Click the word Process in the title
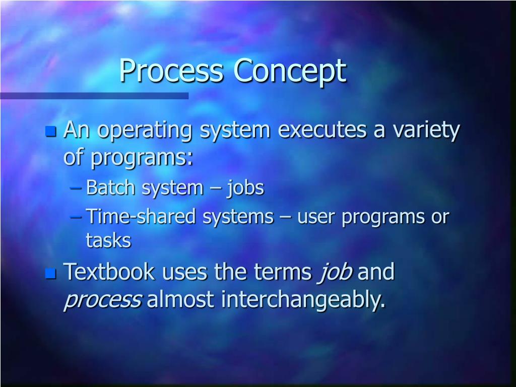point(171,70)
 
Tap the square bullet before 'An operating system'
point(51,131)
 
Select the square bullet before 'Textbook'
point(51,273)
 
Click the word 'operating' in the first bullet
point(145,131)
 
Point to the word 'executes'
point(322,130)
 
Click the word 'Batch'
point(110,187)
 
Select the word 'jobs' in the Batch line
point(245,188)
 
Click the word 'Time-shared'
point(141,216)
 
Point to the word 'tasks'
point(108,240)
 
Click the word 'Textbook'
point(109,272)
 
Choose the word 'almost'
point(180,299)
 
